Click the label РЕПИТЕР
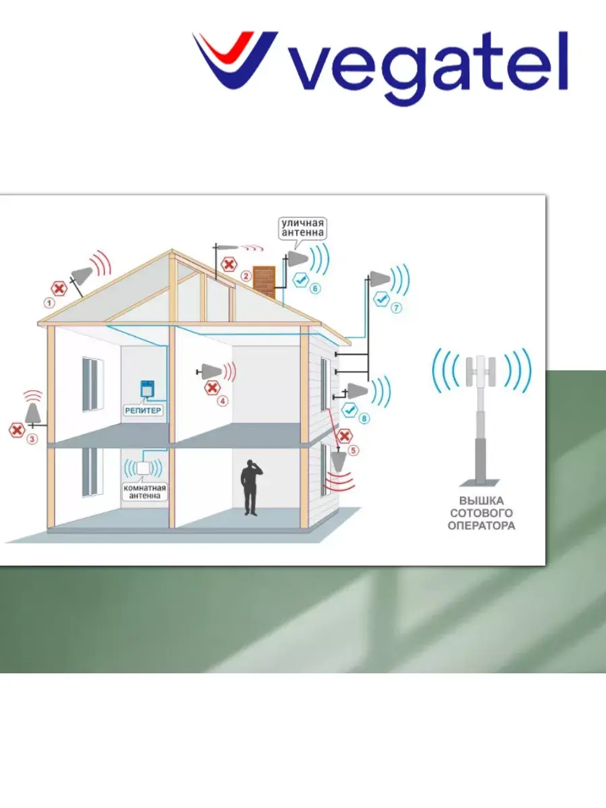[145, 409]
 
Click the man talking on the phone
[250, 487]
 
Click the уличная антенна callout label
[303, 228]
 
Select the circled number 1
[49, 303]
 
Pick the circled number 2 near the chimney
[246, 275]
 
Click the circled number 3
[31, 439]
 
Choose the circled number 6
[316, 288]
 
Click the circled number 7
[397, 308]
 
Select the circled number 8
[364, 419]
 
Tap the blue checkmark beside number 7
[381, 298]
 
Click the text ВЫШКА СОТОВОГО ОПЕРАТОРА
[481, 513]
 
